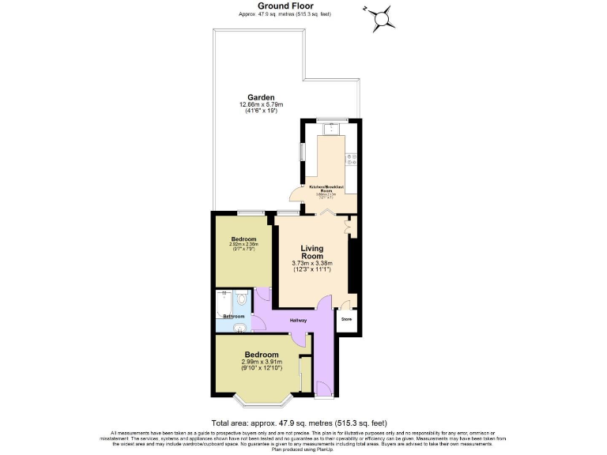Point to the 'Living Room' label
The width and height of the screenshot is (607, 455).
click(x=311, y=252)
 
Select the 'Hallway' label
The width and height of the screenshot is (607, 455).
click(x=298, y=320)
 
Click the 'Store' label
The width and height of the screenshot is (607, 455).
click(x=346, y=320)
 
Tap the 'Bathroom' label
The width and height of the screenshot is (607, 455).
click(x=233, y=316)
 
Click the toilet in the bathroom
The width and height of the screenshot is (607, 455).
click(x=242, y=299)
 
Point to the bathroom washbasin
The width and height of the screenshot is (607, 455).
click(x=242, y=325)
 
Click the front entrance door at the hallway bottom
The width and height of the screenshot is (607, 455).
click(x=324, y=387)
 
